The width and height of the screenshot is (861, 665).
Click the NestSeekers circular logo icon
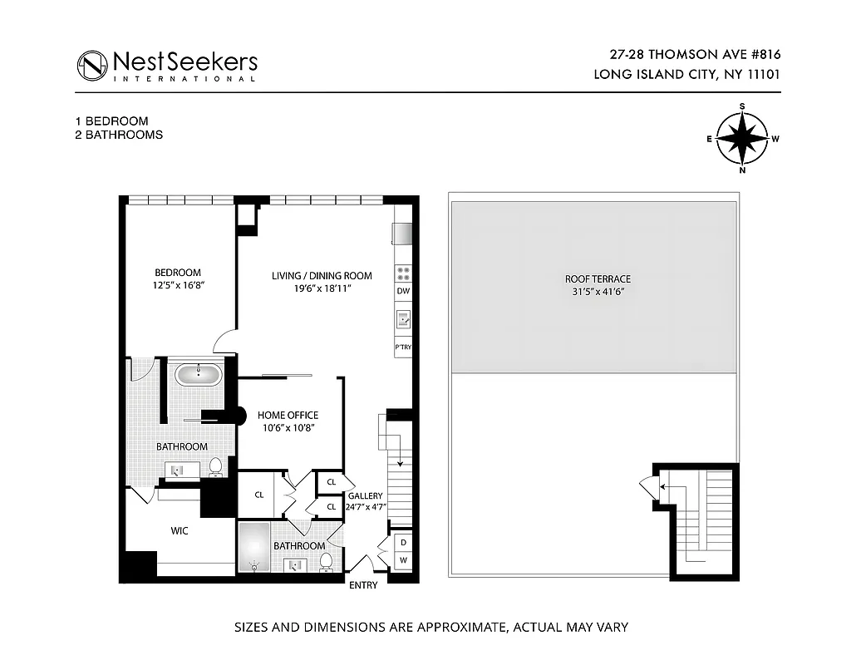pos(92,66)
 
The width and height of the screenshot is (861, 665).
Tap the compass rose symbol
pos(741,139)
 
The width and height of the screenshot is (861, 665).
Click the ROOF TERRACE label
pos(598,278)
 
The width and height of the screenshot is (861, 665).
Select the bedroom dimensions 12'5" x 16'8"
pos(178,284)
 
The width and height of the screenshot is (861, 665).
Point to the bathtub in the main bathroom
pos(198,374)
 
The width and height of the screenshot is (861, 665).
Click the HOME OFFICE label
pos(288,415)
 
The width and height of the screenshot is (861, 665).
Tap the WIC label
pos(180,530)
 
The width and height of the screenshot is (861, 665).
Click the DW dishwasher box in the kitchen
pos(403,291)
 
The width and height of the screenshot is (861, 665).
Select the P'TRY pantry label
pos(403,347)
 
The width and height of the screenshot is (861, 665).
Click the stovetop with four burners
pos(403,272)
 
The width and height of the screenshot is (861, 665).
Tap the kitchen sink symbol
pos(403,318)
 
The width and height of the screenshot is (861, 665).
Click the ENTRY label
pos(363,585)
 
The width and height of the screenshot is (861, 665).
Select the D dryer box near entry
pos(403,543)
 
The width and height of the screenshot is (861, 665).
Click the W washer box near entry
pos(403,560)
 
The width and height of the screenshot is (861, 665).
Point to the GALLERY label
pos(365,495)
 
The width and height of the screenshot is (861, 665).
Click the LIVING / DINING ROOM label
pos(322,275)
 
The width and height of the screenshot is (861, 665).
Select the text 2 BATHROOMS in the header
pos(119,134)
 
